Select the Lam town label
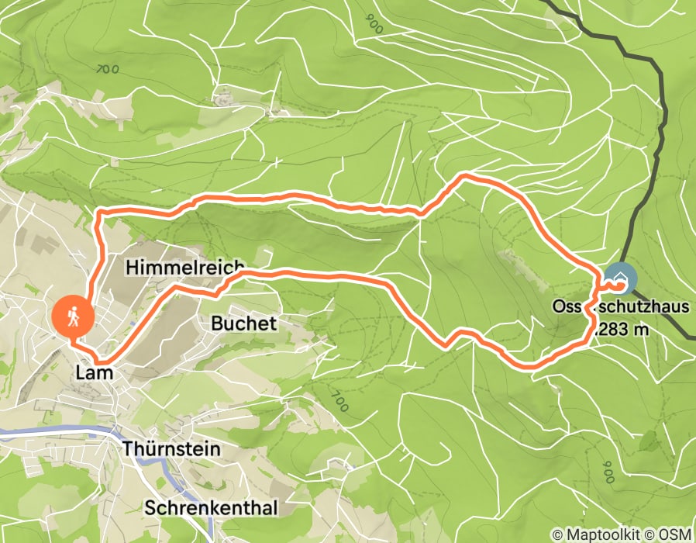point(95,373)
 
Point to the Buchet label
point(243,323)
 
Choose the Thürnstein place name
point(171,449)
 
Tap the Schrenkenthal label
point(211,507)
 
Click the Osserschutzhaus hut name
point(620,307)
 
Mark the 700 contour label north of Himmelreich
point(108,69)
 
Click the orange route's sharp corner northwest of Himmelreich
point(97,212)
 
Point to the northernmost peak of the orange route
point(465,176)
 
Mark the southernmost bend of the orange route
point(527,363)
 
